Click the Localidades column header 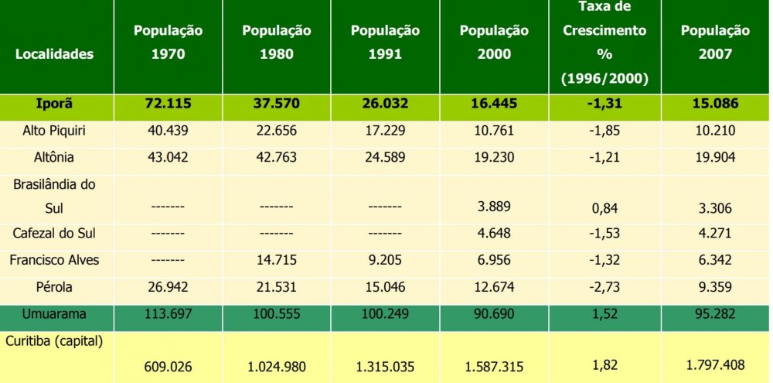(x=53, y=54)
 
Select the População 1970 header (x=168, y=43)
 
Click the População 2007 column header (x=715, y=43)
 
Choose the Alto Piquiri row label (x=53, y=130)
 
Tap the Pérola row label (x=53, y=287)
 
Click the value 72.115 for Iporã (x=168, y=104)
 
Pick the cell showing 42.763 (x=276, y=157)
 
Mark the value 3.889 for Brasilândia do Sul (x=494, y=207)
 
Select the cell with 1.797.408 (x=715, y=363)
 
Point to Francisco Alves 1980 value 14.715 (x=276, y=261)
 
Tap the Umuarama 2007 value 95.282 (x=715, y=314)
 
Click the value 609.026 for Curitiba (x=168, y=364)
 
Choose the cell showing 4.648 (x=494, y=234)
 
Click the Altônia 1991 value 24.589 (x=385, y=157)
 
